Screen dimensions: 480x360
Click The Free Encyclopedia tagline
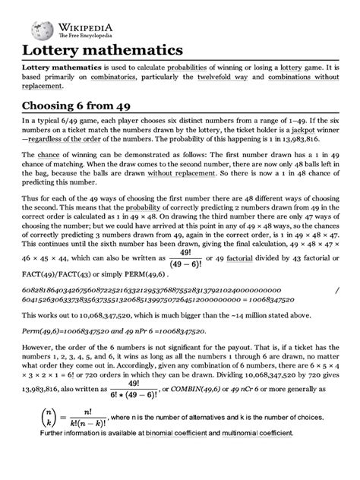(x=83, y=35)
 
